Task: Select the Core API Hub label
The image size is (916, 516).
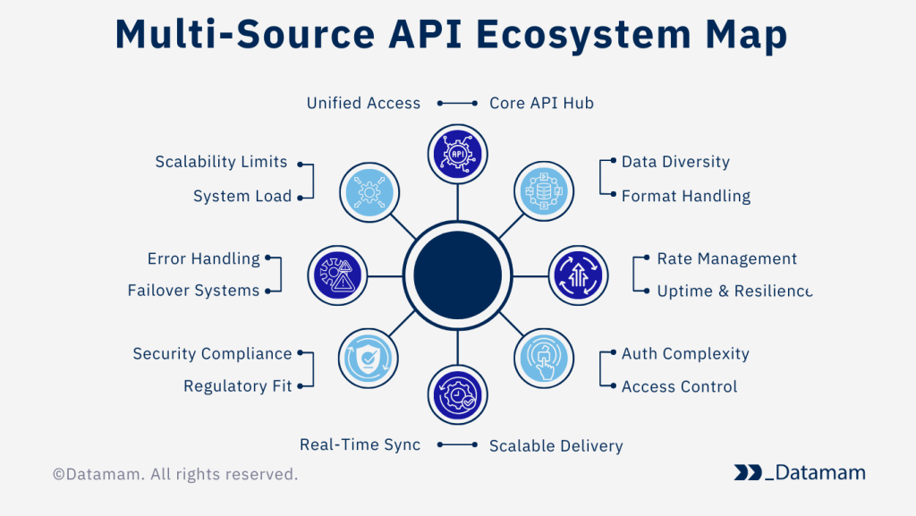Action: [x=541, y=103]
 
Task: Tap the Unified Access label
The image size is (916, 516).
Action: [x=363, y=103]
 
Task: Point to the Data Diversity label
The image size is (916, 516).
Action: [x=675, y=162]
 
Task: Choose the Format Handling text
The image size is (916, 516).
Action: [x=685, y=196]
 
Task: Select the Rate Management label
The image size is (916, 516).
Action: [x=726, y=258]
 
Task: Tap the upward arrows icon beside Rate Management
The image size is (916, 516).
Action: [x=578, y=275]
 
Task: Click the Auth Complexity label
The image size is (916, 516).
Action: [x=685, y=353]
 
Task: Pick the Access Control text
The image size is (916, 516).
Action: [x=679, y=386]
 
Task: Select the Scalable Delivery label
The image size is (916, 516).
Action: [x=556, y=445]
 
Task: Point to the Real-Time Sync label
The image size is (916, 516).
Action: [x=360, y=444]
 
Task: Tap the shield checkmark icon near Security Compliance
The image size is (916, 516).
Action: [x=369, y=360]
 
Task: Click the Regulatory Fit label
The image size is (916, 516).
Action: [x=238, y=386]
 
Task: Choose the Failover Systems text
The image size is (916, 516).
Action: [x=193, y=291]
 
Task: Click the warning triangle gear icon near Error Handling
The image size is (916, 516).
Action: [x=337, y=275]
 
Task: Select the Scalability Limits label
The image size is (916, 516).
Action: [x=221, y=162]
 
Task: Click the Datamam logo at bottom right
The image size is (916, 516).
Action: [x=799, y=472]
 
